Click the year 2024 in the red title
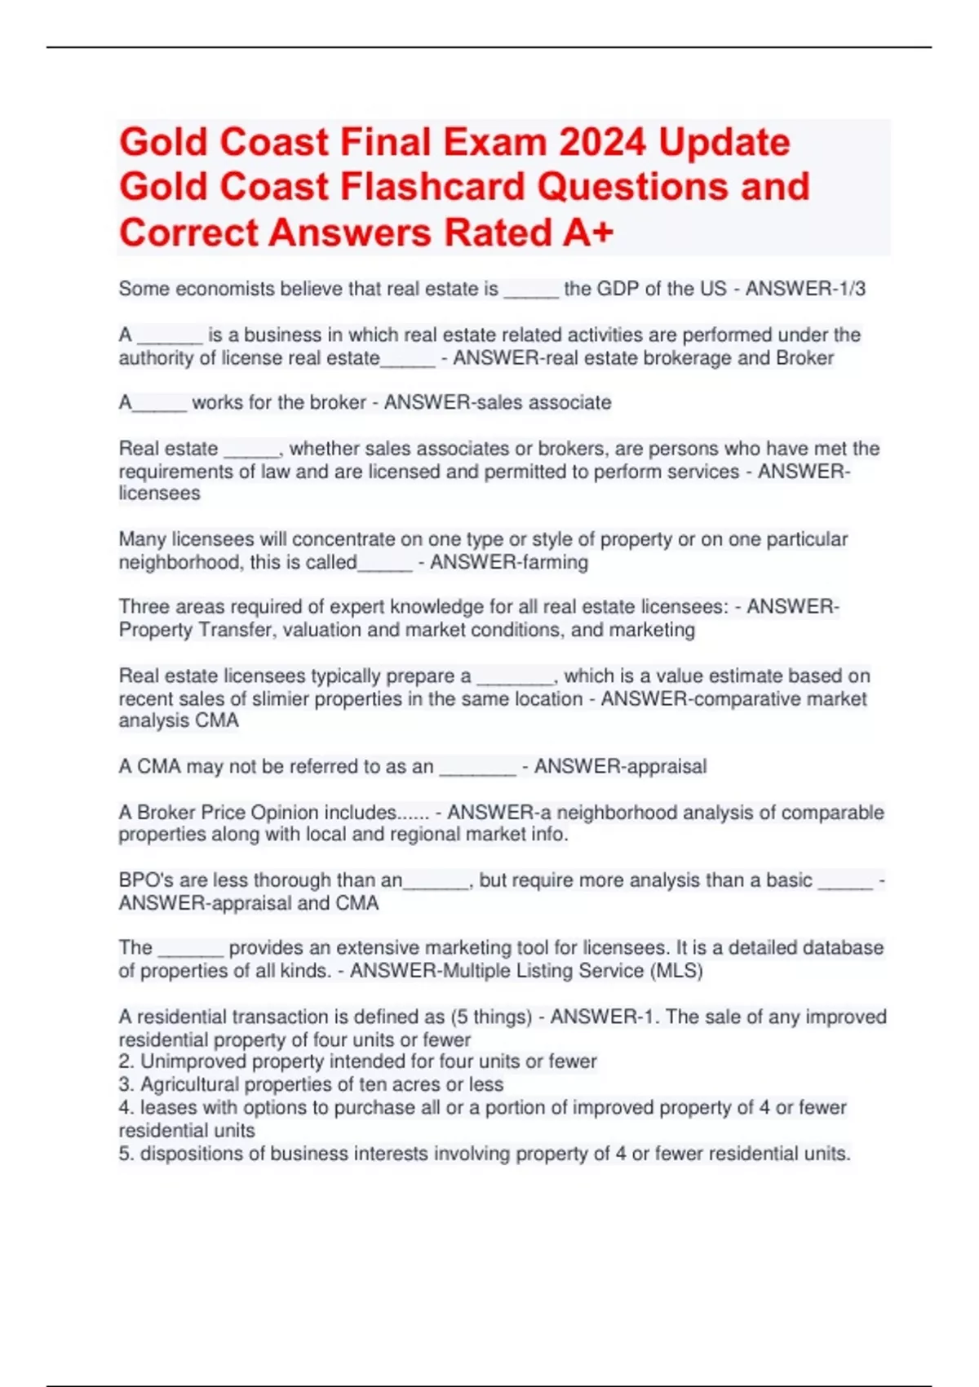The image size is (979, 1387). tap(601, 143)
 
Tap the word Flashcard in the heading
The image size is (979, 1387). tap(432, 187)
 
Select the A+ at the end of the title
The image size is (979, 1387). tap(587, 233)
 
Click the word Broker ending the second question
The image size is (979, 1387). tap(804, 358)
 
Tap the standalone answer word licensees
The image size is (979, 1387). tap(159, 494)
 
